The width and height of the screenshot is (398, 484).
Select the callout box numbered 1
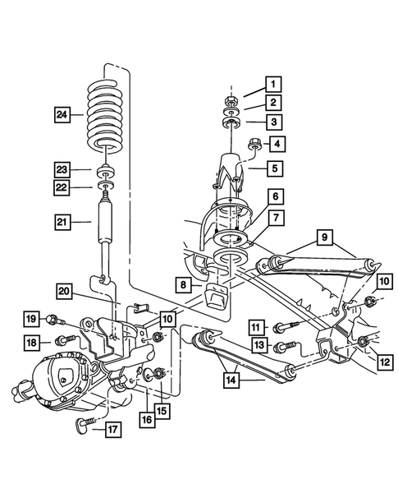click(x=272, y=83)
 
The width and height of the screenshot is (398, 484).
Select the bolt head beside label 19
click(x=52, y=318)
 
